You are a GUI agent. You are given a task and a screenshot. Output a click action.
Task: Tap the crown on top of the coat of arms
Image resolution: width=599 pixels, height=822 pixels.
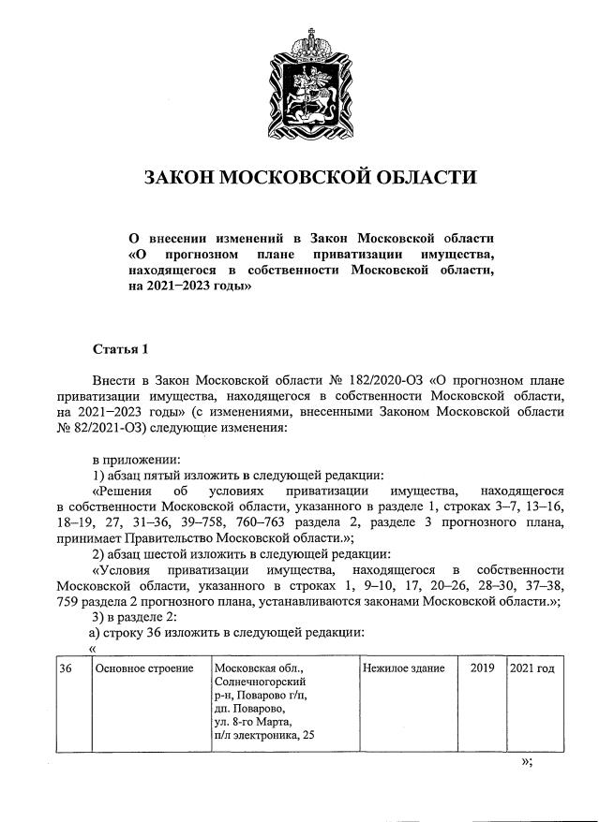(309, 43)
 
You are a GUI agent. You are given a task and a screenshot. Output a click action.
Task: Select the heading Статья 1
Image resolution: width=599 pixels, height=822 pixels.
(120, 350)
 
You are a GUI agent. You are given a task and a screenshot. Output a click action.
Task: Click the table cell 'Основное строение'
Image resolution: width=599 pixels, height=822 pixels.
(144, 668)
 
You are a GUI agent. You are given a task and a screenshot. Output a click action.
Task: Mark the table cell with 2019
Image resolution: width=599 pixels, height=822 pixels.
(481, 668)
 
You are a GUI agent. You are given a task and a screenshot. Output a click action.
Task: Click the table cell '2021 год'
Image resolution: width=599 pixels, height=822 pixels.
(532, 668)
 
